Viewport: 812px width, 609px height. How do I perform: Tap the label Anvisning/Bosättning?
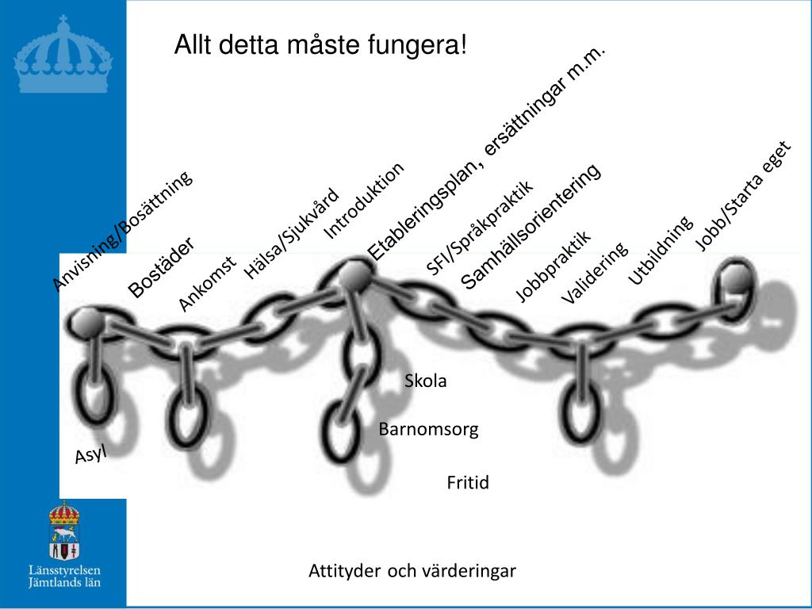pos(122,231)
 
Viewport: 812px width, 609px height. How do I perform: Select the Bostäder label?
pos(161,267)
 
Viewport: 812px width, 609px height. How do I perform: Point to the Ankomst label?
pos(207,283)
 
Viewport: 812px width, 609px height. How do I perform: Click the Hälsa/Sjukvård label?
pos(291,233)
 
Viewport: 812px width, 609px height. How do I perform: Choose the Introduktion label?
pos(364,199)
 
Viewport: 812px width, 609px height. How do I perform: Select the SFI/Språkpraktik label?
pos(480,228)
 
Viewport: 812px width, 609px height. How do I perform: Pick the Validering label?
pos(594,273)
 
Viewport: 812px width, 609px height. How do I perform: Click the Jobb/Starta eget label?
pos(743,195)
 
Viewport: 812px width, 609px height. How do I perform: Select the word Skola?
pos(426,381)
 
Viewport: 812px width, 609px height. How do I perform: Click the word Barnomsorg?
pos(428,430)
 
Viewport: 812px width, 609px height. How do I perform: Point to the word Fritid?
pos(468,482)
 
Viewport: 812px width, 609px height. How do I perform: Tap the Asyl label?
pos(90,454)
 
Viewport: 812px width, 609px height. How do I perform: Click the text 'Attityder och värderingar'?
pos(412,571)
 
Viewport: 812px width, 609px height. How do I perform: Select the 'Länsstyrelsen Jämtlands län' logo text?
pos(64,576)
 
